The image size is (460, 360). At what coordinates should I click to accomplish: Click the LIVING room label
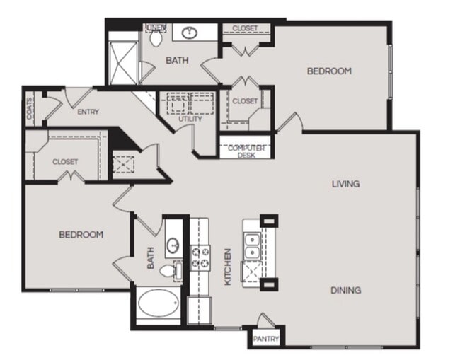345,184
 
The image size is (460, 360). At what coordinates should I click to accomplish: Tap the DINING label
346,290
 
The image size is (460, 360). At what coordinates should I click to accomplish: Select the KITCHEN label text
228,267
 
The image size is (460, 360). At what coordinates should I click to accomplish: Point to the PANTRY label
266,339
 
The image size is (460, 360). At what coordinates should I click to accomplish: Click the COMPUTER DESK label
246,151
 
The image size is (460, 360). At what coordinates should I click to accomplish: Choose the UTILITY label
190,119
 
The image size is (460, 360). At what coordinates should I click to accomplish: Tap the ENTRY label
88,112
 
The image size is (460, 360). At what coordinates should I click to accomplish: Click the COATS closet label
30,108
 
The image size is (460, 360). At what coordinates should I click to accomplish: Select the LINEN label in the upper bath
156,28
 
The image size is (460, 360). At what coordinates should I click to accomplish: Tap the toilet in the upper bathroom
156,38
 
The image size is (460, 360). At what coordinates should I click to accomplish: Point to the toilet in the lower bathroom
168,270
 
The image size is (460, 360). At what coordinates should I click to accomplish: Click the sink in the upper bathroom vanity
190,33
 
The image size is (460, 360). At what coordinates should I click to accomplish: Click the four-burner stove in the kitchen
201,257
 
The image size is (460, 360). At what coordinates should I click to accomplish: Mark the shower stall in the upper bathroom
123,62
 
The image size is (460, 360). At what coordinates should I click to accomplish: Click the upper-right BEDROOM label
329,71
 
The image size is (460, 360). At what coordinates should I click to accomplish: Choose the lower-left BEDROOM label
81,235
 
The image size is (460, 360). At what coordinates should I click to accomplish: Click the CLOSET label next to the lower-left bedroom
65,162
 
